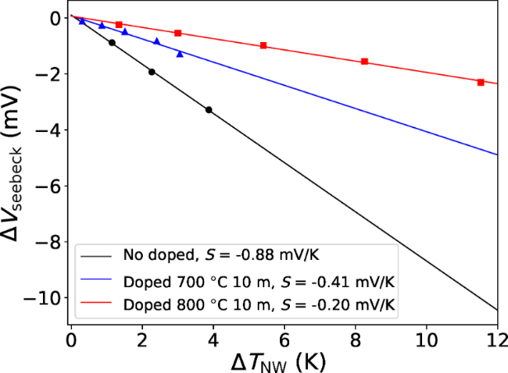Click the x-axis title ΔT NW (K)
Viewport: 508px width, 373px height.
283,360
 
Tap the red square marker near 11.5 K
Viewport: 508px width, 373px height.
481,82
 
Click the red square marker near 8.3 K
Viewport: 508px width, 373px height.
365,61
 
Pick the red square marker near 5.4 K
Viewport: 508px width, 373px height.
263,45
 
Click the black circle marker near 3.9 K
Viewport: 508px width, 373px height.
208,110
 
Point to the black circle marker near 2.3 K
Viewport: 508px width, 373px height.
152,72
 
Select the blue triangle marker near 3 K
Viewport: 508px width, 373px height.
180,54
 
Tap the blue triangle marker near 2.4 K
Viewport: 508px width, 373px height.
157,41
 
